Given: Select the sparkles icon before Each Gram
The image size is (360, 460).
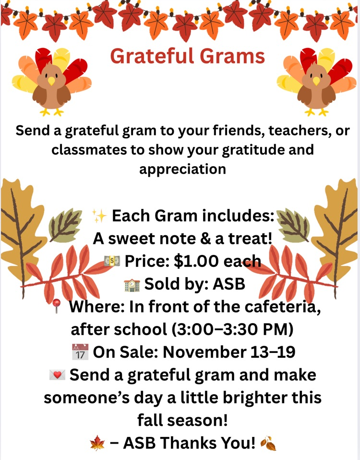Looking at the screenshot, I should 100,217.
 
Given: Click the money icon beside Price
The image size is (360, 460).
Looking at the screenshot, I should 112,261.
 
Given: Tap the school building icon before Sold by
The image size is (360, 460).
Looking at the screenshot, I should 132,285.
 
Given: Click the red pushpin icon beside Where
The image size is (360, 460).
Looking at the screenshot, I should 57,306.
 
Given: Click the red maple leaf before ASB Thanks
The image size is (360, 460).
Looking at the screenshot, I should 97,443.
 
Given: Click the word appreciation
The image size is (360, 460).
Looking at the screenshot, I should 182,169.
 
